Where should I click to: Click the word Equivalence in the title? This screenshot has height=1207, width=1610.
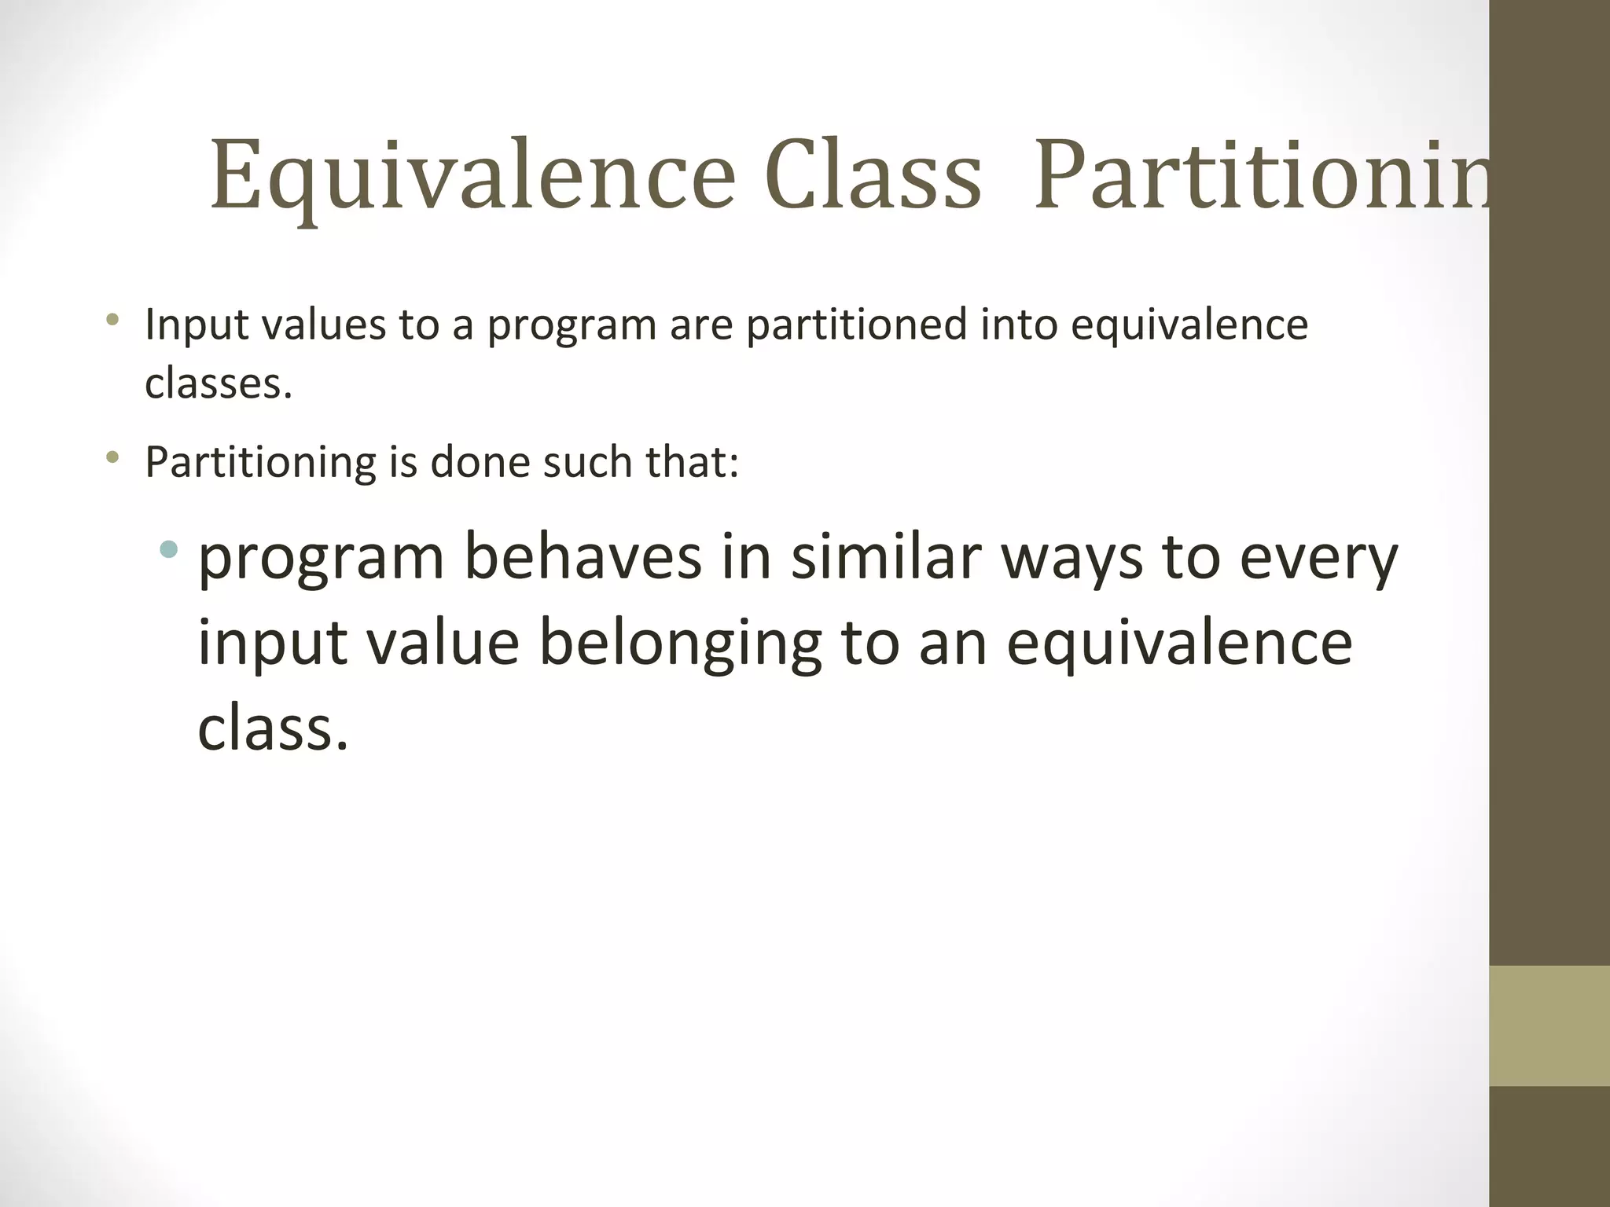click(472, 177)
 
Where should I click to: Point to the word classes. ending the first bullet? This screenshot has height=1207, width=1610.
click(218, 384)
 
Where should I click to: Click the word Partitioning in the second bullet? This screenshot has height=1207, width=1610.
click(260, 463)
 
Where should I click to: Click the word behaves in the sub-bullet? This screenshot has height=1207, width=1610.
click(583, 558)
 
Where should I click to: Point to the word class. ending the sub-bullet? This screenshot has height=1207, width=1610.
click(272, 728)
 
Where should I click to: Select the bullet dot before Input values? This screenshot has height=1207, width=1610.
click(113, 319)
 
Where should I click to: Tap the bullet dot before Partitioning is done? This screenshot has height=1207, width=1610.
click(113, 457)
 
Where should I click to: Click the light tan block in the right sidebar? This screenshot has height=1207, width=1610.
click(1549, 1025)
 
